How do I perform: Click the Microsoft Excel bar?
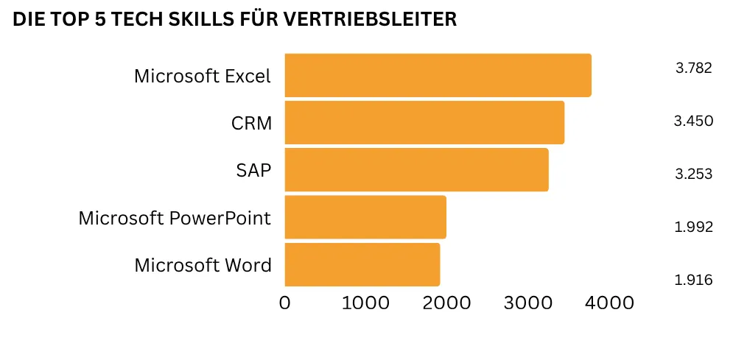pyautogui.click(x=438, y=75)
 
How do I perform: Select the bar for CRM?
pyautogui.click(x=424, y=122)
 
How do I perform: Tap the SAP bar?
pyautogui.click(x=416, y=169)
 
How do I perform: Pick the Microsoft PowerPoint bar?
pyautogui.click(x=365, y=217)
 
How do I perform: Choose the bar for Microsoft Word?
pyautogui.click(x=362, y=264)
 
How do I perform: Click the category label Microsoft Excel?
pyautogui.click(x=203, y=76)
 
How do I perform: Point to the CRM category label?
pyautogui.click(x=251, y=123)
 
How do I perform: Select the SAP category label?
pyautogui.click(x=253, y=170)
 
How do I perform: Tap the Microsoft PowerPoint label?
pyautogui.click(x=175, y=218)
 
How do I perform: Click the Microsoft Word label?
pyautogui.click(x=203, y=265)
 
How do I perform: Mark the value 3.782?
pyautogui.click(x=693, y=68)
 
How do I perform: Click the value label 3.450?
pyautogui.click(x=693, y=121)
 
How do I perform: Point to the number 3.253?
pyautogui.click(x=693, y=174)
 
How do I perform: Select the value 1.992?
pyautogui.click(x=693, y=227)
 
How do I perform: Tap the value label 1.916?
pyautogui.click(x=693, y=280)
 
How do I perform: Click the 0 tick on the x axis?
pyautogui.click(x=285, y=303)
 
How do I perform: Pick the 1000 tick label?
pyautogui.click(x=365, y=303)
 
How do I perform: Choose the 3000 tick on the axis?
pyautogui.click(x=527, y=303)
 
